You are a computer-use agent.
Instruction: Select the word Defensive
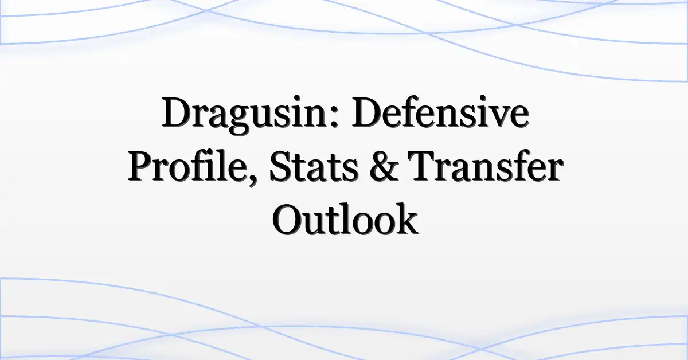click(440, 112)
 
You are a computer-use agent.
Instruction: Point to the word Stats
click(314, 166)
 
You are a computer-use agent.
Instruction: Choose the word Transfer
click(486, 166)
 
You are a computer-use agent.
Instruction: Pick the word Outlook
click(345, 219)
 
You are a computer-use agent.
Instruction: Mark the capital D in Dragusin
click(179, 112)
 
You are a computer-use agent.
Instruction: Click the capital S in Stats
click(282, 166)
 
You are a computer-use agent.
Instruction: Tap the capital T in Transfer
click(423, 166)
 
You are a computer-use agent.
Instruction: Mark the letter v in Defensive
click(492, 117)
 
